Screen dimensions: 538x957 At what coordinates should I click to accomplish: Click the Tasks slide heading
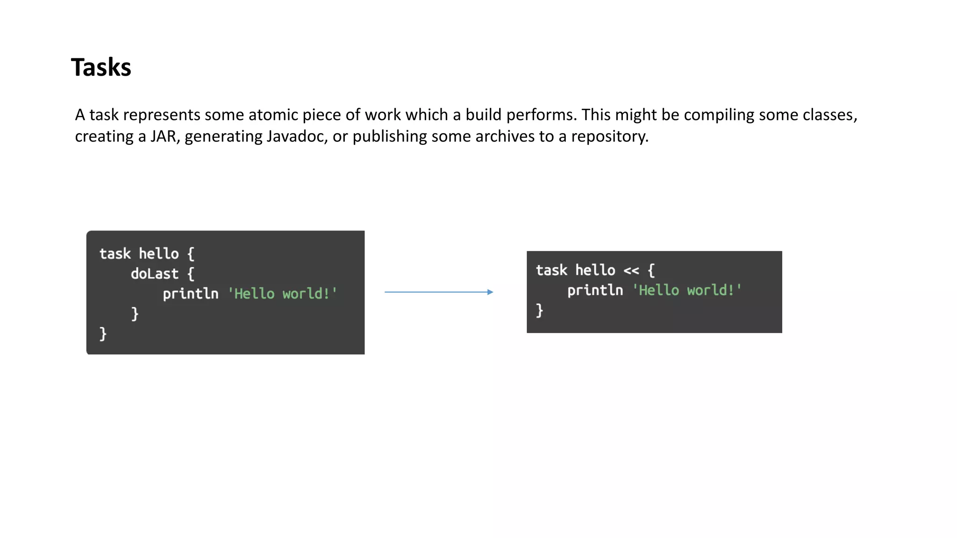point(101,67)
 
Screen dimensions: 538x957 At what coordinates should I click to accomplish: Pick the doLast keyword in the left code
point(155,274)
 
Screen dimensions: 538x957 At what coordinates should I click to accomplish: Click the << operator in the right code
point(631,270)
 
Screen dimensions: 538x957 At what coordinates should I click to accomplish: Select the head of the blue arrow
point(490,292)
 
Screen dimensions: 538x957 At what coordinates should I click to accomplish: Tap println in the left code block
point(191,294)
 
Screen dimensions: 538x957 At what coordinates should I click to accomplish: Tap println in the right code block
point(595,290)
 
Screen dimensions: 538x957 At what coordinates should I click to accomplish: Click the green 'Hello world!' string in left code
point(282,294)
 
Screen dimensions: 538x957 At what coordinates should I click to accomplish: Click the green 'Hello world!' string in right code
point(687,290)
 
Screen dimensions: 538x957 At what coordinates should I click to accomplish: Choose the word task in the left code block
point(115,254)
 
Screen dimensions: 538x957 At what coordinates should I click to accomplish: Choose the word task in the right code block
point(551,270)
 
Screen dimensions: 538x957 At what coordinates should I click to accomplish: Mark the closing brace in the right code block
point(540,310)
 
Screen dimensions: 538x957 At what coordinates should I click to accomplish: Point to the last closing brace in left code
point(103,333)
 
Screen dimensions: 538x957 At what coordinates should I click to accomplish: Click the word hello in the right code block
point(595,270)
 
